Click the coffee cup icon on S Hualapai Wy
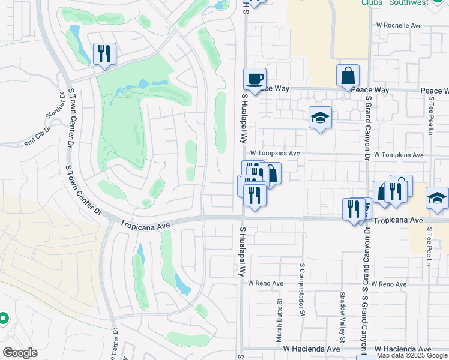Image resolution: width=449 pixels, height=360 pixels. (255, 79)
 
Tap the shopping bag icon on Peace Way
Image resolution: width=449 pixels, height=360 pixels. (348, 76)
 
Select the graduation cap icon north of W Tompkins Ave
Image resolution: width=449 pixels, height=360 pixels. (320, 118)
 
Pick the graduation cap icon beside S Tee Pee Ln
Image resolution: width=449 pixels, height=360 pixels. (437, 198)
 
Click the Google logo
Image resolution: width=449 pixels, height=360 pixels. (20, 353)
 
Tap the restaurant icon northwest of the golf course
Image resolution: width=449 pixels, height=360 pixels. (104, 54)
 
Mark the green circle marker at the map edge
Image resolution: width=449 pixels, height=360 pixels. (3, 318)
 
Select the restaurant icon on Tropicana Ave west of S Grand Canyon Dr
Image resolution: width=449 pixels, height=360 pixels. (354, 209)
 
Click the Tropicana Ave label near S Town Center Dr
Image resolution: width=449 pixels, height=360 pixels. (145, 224)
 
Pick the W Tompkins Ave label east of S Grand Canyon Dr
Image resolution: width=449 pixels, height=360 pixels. (399, 155)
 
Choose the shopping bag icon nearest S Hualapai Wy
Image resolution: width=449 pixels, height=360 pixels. (270, 174)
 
